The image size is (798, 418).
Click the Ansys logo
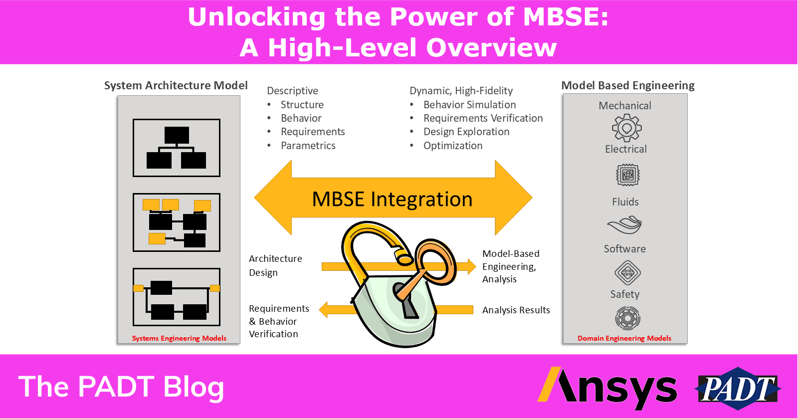tap(607, 389)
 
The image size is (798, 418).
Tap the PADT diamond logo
tap(738, 389)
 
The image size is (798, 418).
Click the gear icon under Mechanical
tap(626, 128)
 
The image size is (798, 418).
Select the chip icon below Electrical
tap(628, 175)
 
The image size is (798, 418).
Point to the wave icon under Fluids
tap(624, 225)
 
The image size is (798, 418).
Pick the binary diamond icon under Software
tap(628, 273)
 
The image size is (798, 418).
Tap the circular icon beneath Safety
tap(628, 318)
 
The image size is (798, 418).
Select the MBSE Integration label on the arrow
tap(392, 199)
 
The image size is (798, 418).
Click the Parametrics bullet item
tap(308, 146)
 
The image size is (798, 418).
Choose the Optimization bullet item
tap(453, 146)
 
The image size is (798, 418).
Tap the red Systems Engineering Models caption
tap(179, 338)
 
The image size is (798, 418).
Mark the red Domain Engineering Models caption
tap(624, 338)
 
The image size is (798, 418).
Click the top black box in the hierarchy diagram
tap(177, 135)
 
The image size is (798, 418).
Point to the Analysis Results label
tap(516, 310)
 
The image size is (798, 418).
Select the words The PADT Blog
tap(121, 387)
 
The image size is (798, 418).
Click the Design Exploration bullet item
tap(466, 132)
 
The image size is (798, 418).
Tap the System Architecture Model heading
tap(176, 85)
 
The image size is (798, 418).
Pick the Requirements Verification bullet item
tap(483, 118)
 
